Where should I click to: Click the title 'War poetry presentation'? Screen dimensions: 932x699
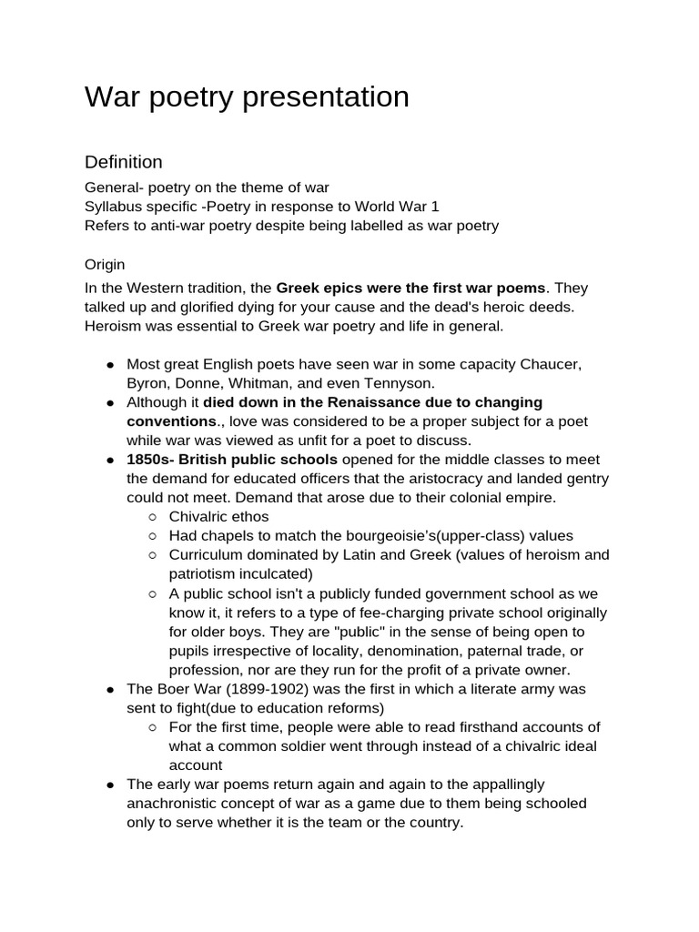(247, 97)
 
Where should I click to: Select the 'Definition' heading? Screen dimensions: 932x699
(124, 162)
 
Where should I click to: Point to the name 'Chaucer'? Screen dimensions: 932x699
(551, 364)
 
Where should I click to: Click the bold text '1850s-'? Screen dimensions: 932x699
(150, 459)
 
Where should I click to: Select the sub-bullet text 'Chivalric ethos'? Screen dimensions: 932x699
(219, 517)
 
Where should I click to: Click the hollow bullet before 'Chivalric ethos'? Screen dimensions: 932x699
(153, 517)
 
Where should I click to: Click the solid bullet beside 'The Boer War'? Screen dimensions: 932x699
(110, 689)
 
